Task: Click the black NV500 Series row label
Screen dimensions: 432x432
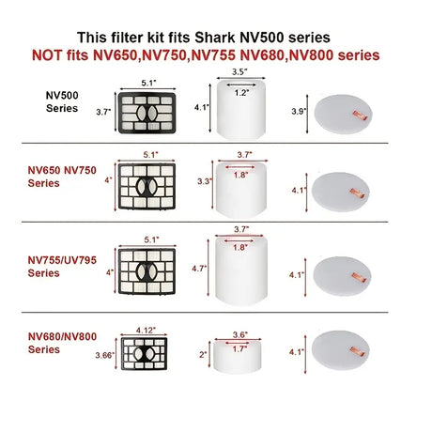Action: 62,101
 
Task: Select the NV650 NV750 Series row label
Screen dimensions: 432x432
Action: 62,177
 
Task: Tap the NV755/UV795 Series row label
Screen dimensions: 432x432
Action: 62,267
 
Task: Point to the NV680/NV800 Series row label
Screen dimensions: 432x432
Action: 62,343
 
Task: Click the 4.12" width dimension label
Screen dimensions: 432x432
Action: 146,331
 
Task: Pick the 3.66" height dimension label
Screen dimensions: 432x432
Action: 104,355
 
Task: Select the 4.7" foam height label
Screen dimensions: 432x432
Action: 199,269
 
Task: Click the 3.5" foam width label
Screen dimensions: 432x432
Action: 239,71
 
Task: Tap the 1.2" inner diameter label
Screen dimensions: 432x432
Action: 241,93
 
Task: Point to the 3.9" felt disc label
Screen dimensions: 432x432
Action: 299,111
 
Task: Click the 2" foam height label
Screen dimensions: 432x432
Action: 203,355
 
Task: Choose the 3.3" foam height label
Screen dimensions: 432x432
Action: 205,181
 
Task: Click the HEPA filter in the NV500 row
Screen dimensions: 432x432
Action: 147,113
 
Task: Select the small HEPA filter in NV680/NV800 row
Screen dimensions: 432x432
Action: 144,353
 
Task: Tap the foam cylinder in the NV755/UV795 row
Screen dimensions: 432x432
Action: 241,270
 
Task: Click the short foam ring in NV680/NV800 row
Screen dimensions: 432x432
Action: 238,357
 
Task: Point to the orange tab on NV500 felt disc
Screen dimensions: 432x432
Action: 360,116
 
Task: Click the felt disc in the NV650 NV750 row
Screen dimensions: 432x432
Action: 341,193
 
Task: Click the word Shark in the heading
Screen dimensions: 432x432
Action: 215,38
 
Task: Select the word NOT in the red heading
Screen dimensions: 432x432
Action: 47,55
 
